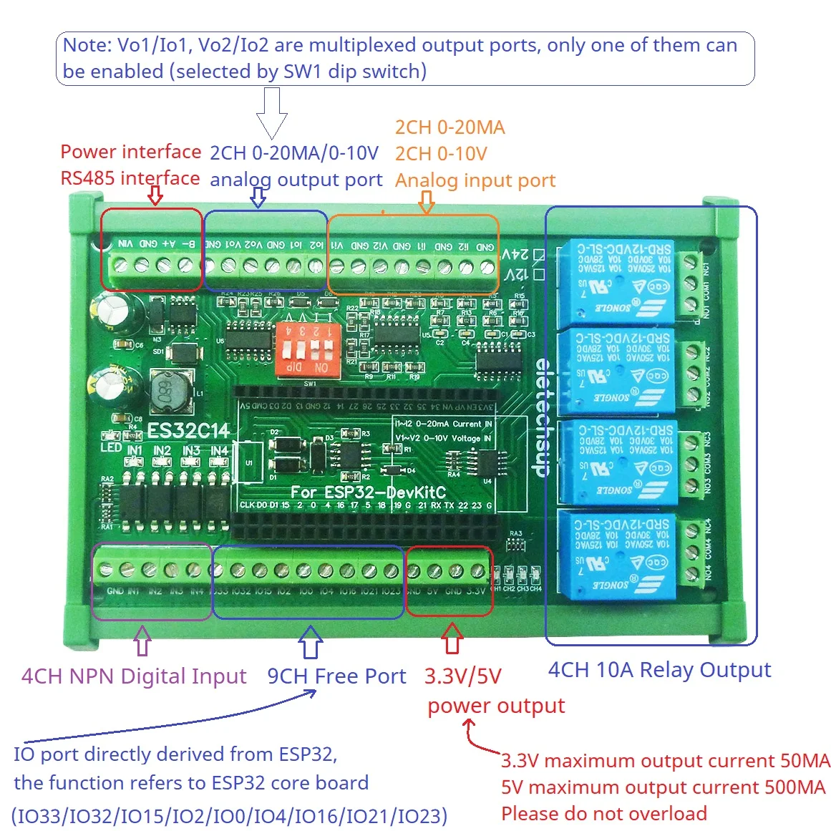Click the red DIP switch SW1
(309, 349)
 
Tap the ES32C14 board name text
(188, 431)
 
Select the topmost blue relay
(616, 282)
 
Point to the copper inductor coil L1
(170, 392)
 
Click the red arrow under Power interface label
(155, 195)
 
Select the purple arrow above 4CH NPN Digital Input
(142, 641)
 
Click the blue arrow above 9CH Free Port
(310, 641)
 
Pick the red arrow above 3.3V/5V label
(452, 638)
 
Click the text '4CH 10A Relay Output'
(659, 670)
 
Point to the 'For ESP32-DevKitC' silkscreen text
(368, 492)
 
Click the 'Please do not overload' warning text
(603, 814)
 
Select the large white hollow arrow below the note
(271, 113)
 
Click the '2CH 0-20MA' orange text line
(449, 127)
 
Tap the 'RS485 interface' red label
(130, 178)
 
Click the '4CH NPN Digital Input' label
(134, 676)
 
